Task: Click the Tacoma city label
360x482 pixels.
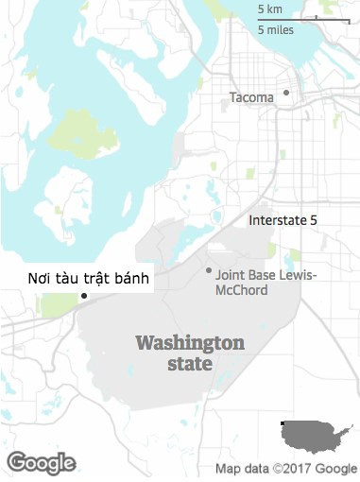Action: pyautogui.click(x=250, y=97)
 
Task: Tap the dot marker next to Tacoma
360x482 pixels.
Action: pyautogui.click(x=285, y=94)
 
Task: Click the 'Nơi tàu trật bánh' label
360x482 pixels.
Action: pyautogui.click(x=88, y=278)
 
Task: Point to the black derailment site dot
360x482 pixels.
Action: pyautogui.click(x=84, y=297)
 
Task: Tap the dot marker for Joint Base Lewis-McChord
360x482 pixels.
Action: pyautogui.click(x=209, y=270)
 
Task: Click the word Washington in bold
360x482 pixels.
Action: pyautogui.click(x=190, y=342)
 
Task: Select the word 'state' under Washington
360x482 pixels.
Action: pyautogui.click(x=190, y=365)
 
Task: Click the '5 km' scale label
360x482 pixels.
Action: pyautogui.click(x=270, y=9)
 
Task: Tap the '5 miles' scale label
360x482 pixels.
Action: pyautogui.click(x=276, y=29)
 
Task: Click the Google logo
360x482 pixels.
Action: pyautogui.click(x=41, y=463)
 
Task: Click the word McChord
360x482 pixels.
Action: pyautogui.click(x=241, y=290)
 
